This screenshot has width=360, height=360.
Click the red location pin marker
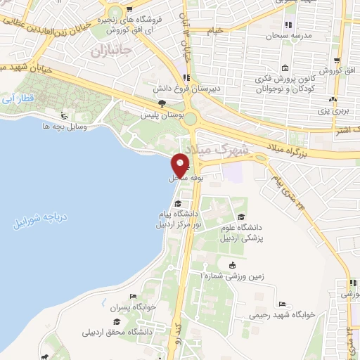click(x=181, y=165)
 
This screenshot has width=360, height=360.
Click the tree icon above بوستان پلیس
click(x=162, y=102)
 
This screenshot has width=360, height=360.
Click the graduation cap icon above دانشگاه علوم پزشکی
click(x=243, y=217)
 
